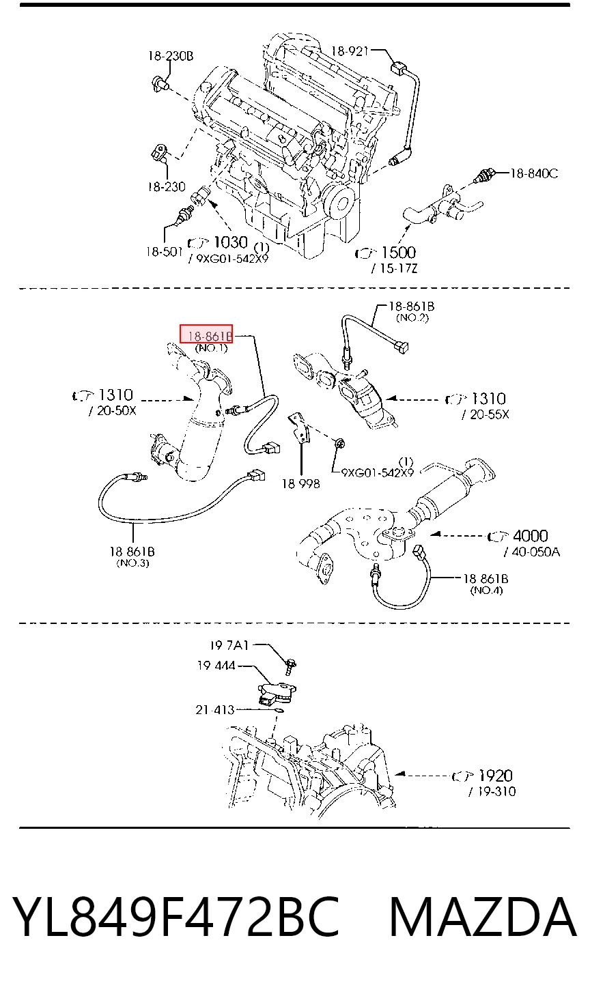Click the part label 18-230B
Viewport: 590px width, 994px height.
tap(171, 56)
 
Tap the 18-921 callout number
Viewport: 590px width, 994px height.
tap(350, 51)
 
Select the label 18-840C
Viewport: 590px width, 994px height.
tap(534, 173)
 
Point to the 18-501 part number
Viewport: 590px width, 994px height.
tap(165, 252)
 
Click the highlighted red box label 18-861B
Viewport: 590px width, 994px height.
tap(206, 334)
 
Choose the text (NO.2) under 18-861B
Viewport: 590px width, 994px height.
tap(412, 317)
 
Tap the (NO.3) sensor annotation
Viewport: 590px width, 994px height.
tap(132, 563)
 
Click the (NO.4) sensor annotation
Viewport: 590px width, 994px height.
tap(486, 590)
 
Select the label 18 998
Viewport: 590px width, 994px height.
tap(301, 483)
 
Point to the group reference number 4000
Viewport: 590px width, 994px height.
tap(530, 536)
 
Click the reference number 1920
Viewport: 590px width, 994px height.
tap(496, 776)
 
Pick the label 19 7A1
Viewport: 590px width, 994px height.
tap(229, 645)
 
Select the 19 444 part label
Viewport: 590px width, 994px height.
tap(216, 666)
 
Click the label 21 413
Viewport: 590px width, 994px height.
tap(215, 710)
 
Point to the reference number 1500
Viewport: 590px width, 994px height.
tap(398, 253)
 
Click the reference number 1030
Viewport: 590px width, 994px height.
tap(230, 242)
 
